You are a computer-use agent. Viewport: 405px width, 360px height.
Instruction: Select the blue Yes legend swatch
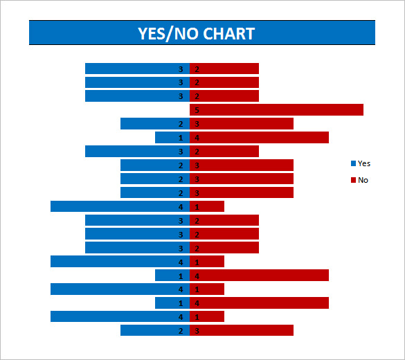(353, 163)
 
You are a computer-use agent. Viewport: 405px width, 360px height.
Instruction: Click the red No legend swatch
(353, 180)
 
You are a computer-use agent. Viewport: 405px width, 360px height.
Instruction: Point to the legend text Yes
(364, 163)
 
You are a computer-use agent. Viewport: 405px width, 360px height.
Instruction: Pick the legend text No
(363, 180)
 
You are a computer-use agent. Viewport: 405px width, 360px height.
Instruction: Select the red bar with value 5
(277, 109)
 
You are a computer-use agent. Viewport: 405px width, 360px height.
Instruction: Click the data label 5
(197, 110)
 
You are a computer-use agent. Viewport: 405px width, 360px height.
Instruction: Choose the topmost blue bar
(132, 69)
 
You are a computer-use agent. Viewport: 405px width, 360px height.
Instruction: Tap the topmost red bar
(228, 69)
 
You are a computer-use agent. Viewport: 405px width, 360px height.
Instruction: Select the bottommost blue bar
(149, 330)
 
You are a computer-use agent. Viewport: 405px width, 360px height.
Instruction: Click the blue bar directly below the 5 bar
(149, 124)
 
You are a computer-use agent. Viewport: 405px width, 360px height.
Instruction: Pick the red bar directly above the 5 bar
(228, 96)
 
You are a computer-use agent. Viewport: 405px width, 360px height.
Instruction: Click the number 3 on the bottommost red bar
(197, 331)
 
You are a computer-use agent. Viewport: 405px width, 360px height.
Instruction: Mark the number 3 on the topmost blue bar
(181, 69)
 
